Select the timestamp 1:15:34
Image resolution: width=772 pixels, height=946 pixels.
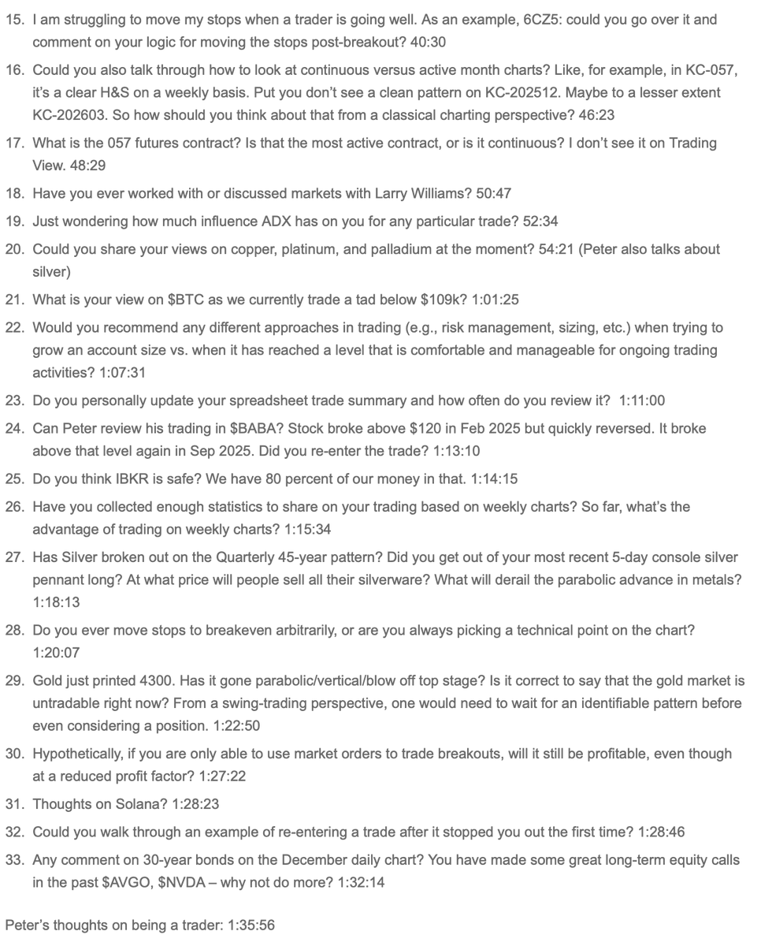(x=307, y=529)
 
